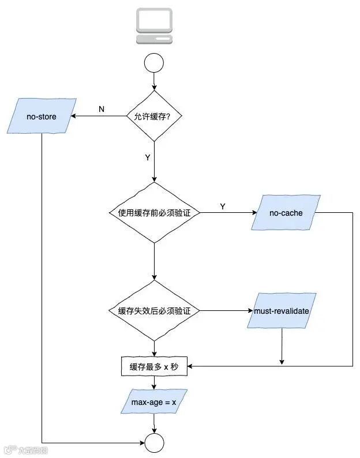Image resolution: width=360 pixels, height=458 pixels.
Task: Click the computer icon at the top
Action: coord(154,26)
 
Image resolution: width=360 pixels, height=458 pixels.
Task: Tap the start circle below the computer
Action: coord(154,63)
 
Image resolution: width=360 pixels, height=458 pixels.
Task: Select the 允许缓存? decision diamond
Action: coord(154,116)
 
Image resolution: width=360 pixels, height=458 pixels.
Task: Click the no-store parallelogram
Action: coord(42,117)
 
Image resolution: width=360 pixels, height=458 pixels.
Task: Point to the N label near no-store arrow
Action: coord(102,109)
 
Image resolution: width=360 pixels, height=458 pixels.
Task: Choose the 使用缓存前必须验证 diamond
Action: coord(154,213)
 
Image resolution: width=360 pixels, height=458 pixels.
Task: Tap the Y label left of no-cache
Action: coord(223,206)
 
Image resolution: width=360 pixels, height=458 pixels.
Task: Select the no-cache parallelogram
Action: coord(286,213)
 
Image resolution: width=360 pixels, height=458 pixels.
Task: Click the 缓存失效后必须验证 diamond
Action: coord(154,310)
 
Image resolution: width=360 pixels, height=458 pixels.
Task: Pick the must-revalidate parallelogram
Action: coord(282,311)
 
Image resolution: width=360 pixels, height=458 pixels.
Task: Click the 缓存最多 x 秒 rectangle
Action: coord(154,367)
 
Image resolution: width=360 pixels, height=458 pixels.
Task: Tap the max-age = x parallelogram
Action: coord(154,401)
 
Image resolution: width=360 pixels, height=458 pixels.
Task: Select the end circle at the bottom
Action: coord(154,443)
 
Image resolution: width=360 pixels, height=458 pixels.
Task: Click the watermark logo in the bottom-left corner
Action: coord(26,449)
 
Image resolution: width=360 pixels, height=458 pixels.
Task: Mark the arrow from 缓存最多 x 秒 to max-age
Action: coord(154,383)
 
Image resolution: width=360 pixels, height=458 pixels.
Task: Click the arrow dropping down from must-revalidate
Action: coord(282,346)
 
